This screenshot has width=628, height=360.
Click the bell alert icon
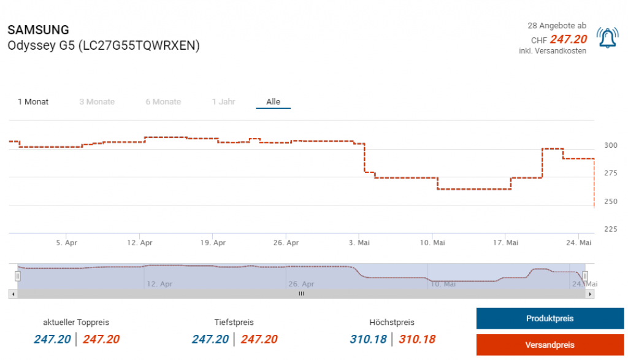(607, 39)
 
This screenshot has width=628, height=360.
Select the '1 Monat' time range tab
(33, 102)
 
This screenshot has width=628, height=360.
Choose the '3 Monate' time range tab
(97, 102)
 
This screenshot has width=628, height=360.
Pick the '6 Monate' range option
(163, 102)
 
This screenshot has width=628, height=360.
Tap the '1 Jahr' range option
(223, 102)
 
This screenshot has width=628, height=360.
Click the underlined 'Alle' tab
(273, 102)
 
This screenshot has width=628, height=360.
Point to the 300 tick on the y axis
(611, 145)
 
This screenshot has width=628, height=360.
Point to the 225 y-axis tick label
(611, 229)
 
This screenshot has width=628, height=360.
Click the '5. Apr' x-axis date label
(67, 243)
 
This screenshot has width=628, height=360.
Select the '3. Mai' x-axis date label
(359, 243)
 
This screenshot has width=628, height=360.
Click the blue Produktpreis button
(549, 318)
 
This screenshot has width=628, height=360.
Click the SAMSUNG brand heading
(38, 30)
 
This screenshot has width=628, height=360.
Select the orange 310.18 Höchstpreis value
(417, 339)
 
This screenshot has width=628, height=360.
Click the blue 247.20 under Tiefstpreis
(210, 339)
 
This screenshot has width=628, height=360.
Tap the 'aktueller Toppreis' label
(76, 322)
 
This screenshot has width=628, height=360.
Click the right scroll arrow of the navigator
(590, 294)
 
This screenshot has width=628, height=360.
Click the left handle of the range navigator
(18, 276)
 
